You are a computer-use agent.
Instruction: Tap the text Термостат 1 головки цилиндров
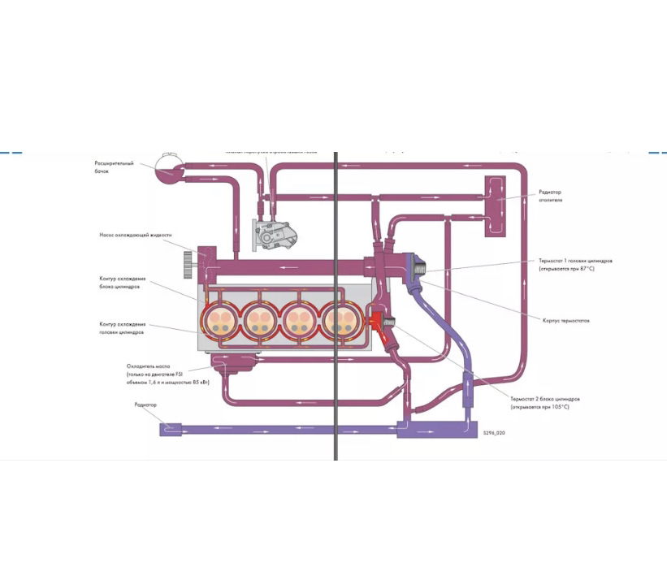(574, 262)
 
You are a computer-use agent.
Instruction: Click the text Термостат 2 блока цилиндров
(544, 400)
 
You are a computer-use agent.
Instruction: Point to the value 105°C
(557, 407)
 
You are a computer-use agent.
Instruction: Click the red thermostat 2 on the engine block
(380, 322)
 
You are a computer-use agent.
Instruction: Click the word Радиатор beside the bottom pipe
(146, 405)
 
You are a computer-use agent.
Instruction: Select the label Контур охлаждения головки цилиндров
(122, 327)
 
